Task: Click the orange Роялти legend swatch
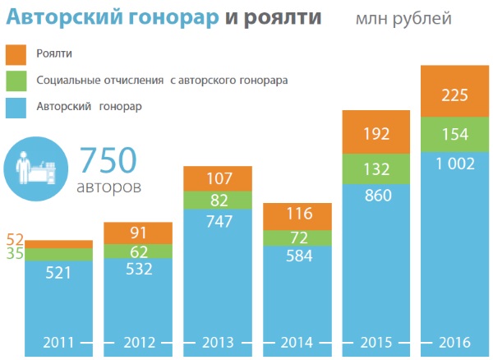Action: (x=16, y=55)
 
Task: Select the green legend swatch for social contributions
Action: (x=16, y=81)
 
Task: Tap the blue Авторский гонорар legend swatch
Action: (x=16, y=107)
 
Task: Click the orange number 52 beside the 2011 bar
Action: (x=15, y=240)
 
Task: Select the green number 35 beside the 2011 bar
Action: (x=15, y=254)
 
